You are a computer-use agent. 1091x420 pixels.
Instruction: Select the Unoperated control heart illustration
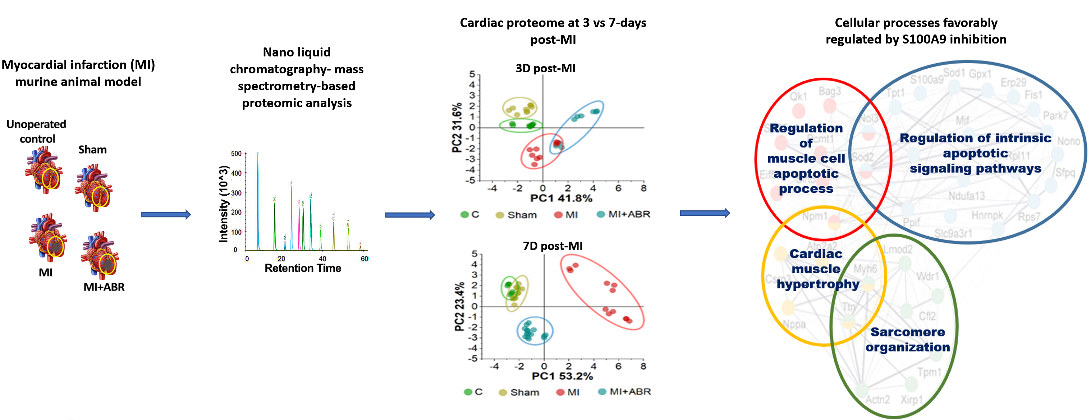pyautogui.click(x=43, y=169)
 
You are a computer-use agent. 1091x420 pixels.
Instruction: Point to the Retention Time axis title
pyautogui.click(x=302, y=268)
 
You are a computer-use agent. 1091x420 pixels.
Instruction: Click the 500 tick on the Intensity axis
pyautogui.click(x=236, y=154)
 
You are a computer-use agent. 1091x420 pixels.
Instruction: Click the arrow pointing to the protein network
pyautogui.click(x=705, y=213)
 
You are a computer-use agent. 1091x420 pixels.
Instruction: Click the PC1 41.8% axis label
pyautogui.click(x=561, y=198)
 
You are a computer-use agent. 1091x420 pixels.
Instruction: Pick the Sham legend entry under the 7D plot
pyautogui.click(x=519, y=392)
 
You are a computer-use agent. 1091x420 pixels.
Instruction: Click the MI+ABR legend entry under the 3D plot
pyautogui.click(x=623, y=214)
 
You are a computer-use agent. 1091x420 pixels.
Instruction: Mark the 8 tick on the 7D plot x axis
pyautogui.click(x=643, y=366)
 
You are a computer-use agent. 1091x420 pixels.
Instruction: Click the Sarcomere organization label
pyautogui.click(x=907, y=339)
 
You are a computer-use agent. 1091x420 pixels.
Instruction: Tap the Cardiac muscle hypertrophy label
pyautogui.click(x=817, y=269)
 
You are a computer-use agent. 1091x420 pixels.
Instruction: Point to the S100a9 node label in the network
pyautogui.click(x=926, y=80)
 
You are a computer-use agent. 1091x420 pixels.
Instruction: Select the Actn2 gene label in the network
pyautogui.click(x=877, y=400)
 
